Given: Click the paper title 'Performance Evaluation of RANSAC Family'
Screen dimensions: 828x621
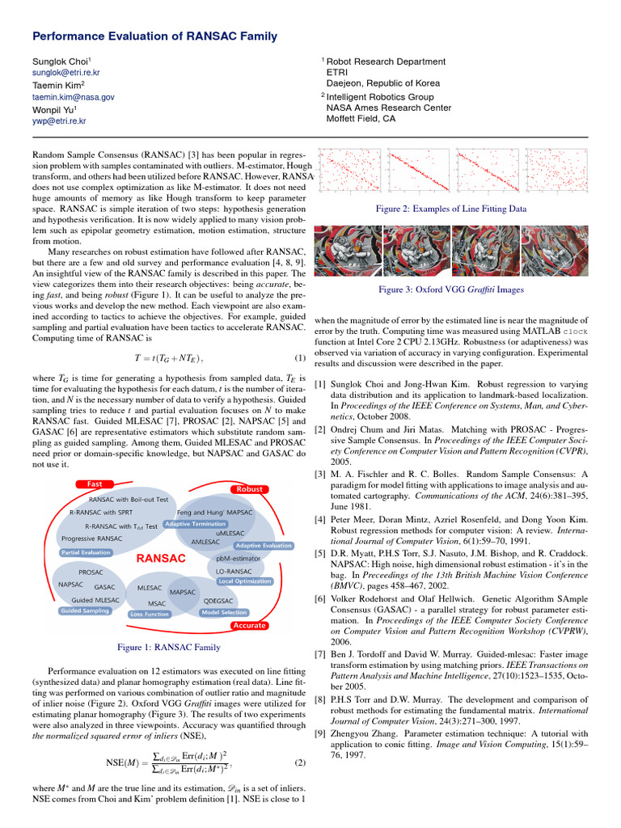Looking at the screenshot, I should click(154, 36).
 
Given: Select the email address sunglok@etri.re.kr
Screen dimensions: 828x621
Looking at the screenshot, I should click(66, 73).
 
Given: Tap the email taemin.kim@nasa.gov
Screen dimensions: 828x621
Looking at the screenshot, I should click(74, 96).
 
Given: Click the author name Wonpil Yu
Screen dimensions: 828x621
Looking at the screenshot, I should click(54, 108).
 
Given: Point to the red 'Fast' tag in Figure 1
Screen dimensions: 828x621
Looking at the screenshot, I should click(94, 484).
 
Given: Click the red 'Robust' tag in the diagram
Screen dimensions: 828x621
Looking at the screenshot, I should click(251, 489).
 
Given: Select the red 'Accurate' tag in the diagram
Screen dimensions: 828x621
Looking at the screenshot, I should click(250, 625).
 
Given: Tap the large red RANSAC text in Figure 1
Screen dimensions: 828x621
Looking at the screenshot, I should click(161, 558).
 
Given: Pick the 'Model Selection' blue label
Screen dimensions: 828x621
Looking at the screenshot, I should click(224, 612).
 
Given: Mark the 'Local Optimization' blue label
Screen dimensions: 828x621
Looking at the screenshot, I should click(245, 581).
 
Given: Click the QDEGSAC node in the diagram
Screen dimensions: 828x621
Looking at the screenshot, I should click(218, 601).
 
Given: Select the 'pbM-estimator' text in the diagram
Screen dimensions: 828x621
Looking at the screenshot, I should click(239, 558).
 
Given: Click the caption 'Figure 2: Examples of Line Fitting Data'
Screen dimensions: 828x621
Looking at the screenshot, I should click(451, 209).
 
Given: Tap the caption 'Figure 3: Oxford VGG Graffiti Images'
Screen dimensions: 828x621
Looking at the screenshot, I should click(451, 289).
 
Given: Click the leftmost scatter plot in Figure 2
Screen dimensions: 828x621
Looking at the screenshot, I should click(349, 171).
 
